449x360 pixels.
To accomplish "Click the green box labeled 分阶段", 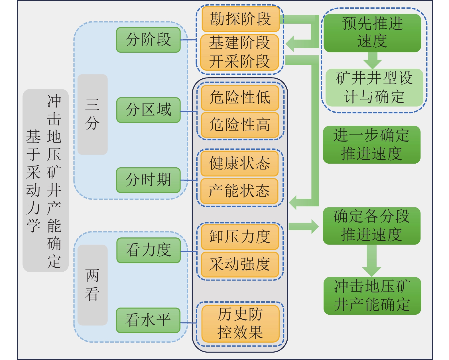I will [148, 40].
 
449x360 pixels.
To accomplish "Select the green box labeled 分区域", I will [148, 110].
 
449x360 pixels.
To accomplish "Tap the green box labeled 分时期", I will [148, 180].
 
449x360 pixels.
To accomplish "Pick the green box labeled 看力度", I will [148, 250].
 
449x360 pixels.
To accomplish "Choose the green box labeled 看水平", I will [148, 320].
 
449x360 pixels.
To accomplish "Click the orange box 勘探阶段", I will [240, 19].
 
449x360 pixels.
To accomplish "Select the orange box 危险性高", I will [240, 125].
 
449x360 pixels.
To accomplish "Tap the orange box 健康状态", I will [239, 163].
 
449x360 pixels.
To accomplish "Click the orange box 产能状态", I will [239, 191].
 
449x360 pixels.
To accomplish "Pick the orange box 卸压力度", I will [240, 237].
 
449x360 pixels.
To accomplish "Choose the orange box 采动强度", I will [240, 264].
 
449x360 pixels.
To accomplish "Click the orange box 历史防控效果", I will [240, 324].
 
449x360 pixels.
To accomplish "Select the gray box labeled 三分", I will [92, 115].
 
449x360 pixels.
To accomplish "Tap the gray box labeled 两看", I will [92, 285].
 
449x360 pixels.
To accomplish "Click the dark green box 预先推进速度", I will [372, 33].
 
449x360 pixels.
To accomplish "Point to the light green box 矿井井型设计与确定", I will [374, 88].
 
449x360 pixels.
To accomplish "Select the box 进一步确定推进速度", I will [371, 145].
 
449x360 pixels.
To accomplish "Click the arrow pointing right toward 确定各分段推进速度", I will [303, 227].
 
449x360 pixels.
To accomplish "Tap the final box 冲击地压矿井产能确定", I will [372, 296].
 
